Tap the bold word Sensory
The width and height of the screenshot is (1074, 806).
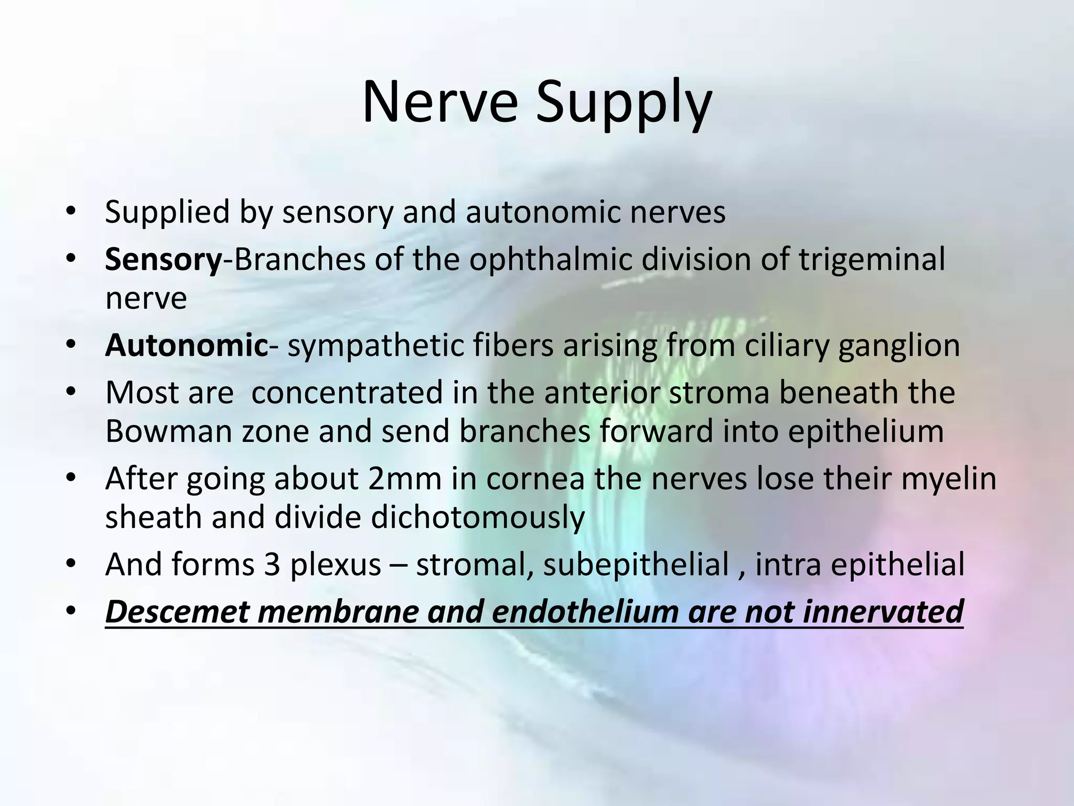click(164, 260)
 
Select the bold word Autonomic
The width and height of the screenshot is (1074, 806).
click(187, 346)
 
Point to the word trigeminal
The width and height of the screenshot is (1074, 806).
click(872, 260)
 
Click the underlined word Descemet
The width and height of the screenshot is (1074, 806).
click(177, 612)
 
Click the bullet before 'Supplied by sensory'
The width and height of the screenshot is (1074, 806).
click(71, 212)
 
